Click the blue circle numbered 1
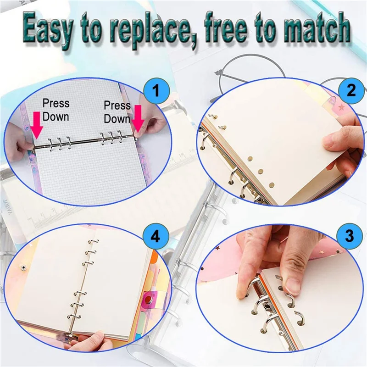156,90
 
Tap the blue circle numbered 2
351,90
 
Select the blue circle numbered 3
350,237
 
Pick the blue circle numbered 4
156,237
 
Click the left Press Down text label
56,110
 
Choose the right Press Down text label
117,112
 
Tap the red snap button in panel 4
149,300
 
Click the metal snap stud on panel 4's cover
23,267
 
